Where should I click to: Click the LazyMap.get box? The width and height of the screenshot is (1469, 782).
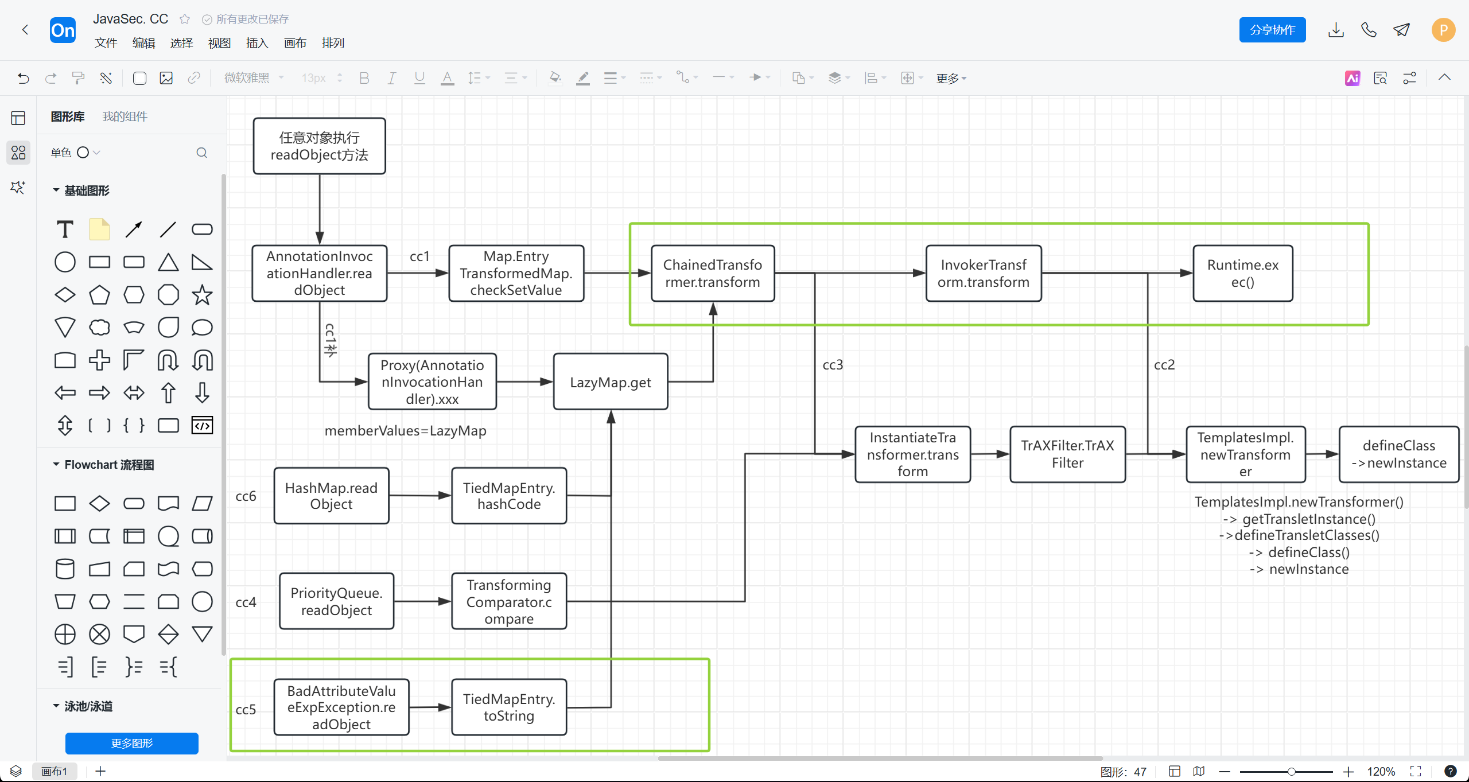pos(610,382)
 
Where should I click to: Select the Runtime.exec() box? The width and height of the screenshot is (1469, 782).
pos(1242,274)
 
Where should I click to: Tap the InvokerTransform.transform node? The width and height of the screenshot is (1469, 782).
pos(983,274)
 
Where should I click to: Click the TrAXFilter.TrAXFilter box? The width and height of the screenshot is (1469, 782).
pos(1067,454)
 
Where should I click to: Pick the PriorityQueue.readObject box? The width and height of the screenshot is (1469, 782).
pos(336,601)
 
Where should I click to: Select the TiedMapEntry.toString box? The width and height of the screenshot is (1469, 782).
pos(508,707)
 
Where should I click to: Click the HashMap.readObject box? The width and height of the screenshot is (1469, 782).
pos(331,496)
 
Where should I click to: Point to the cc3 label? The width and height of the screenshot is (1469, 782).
pos(833,365)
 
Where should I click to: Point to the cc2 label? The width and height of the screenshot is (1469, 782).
pos(1164,365)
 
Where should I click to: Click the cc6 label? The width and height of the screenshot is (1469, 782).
pos(246,496)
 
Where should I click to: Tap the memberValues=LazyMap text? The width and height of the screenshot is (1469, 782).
pos(405,431)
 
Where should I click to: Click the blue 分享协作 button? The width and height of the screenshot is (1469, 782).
pos(1272,30)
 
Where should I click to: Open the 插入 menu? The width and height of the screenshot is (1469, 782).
pos(257,43)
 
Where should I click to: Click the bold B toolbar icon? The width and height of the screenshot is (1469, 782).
pos(364,78)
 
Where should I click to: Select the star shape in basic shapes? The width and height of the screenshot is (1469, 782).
pos(202,295)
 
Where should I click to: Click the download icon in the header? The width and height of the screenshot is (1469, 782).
pos(1336,30)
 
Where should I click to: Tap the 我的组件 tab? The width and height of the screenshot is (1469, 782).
pos(125,116)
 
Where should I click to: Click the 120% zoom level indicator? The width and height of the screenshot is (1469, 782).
pos(1381,772)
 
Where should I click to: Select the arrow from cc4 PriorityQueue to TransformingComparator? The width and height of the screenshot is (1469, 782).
pos(422,601)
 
